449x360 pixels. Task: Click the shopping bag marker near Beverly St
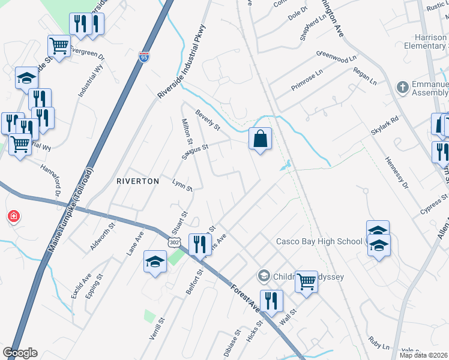pyautogui.click(x=260, y=139)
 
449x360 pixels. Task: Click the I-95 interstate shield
pyautogui.click(x=143, y=57)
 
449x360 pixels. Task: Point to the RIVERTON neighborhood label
pyautogui.click(x=137, y=181)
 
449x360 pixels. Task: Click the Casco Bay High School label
pyautogui.click(x=319, y=242)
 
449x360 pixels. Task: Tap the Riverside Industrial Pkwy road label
pyautogui.click(x=181, y=62)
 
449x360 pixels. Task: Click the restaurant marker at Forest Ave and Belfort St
pyautogui.click(x=200, y=244)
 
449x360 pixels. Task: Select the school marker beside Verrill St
pyautogui.click(x=155, y=262)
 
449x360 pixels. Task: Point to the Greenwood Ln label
pyautogui.click(x=336, y=57)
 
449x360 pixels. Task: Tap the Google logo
pyautogui.click(x=20, y=353)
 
